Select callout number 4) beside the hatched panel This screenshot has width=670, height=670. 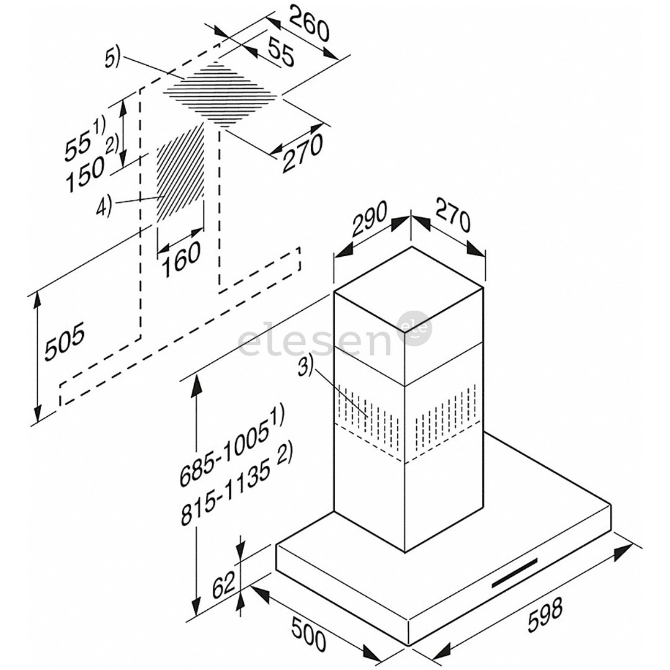click(x=104, y=205)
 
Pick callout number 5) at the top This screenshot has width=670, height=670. click(x=113, y=59)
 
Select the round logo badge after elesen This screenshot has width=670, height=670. click(x=416, y=329)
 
